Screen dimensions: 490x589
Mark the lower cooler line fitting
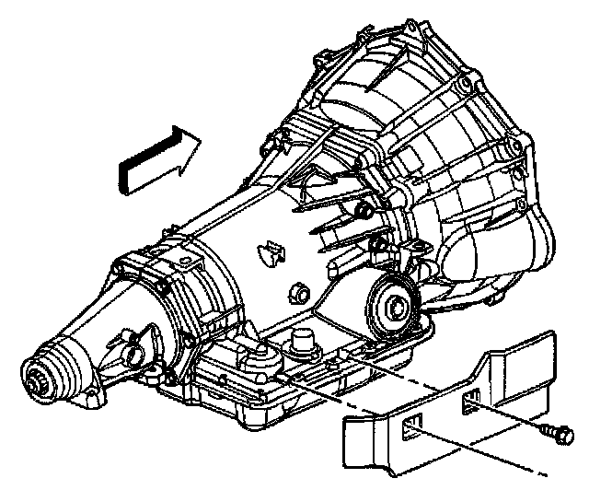coord(378,244)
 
